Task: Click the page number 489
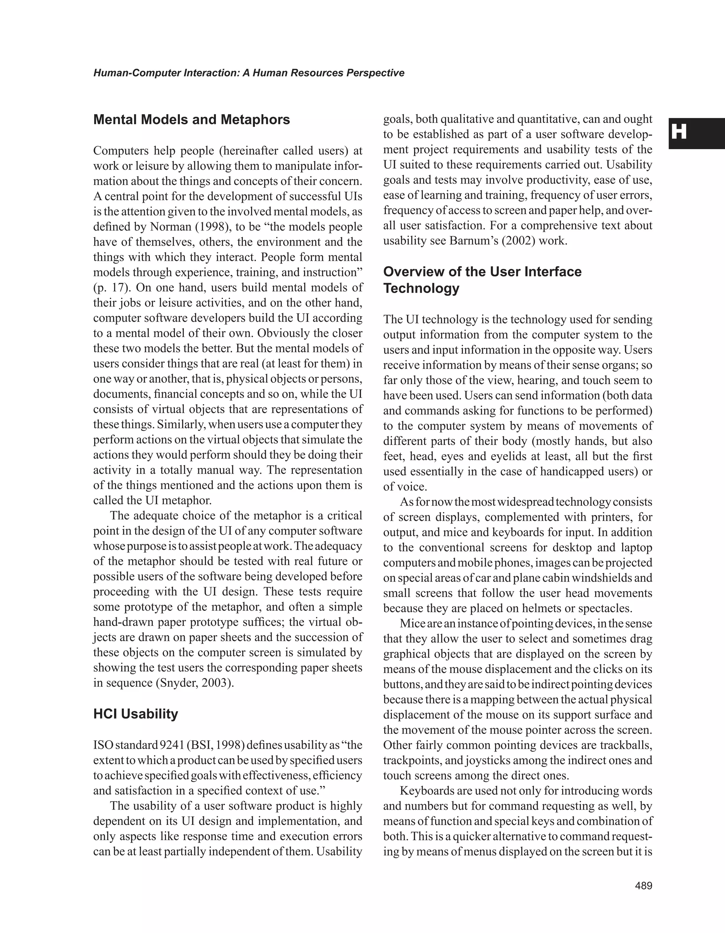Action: click(644, 886)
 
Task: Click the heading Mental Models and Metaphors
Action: click(192, 120)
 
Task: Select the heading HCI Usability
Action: click(136, 714)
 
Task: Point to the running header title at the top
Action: click(249, 73)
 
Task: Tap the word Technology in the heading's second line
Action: click(421, 288)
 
